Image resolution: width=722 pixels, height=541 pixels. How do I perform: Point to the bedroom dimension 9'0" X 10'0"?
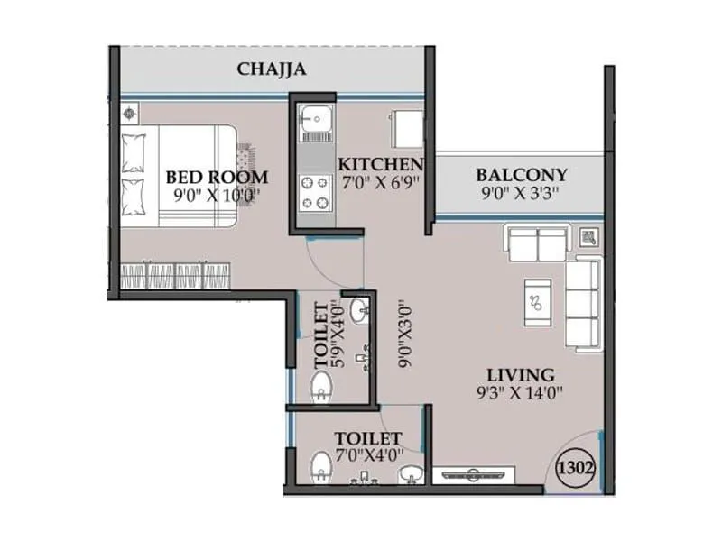217,193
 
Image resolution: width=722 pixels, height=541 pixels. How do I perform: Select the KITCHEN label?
380,164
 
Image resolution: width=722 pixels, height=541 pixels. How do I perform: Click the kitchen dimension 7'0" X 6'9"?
379,182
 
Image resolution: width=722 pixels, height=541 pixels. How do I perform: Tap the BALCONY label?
522,174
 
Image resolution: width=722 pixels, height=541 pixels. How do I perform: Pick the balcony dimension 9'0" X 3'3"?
522,192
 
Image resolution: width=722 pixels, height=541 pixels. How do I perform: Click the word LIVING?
521,374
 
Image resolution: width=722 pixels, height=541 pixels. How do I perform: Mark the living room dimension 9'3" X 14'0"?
521,392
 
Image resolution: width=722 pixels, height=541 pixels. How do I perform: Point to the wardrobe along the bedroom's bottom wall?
176,275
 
